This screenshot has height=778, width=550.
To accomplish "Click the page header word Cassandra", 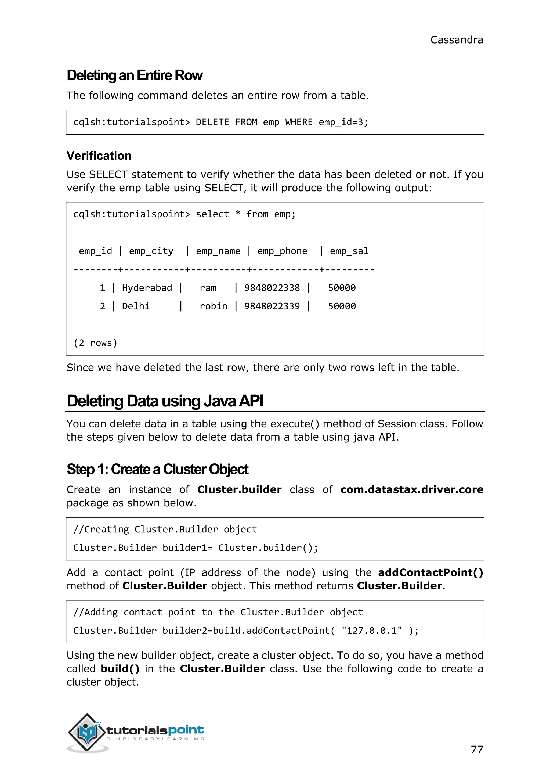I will (x=456, y=40).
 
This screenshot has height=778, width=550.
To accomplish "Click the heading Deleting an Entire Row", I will (x=135, y=75).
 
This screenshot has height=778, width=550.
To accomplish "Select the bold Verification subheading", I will (x=99, y=156).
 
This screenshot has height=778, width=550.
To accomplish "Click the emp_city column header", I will (x=151, y=251).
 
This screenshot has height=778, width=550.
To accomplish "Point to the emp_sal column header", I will (x=349, y=251).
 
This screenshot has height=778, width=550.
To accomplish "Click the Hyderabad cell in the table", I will (x=147, y=288).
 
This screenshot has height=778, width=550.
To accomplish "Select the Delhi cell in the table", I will (x=135, y=306).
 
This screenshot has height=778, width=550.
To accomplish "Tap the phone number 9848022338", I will (x=272, y=288).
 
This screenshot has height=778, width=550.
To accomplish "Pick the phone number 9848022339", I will (x=272, y=306).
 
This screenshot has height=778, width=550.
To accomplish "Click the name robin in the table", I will (x=213, y=306).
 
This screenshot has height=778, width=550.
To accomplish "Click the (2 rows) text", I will (x=95, y=343).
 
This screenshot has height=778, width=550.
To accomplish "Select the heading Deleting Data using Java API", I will (x=165, y=401).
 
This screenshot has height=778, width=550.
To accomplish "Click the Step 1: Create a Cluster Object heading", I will (x=157, y=469).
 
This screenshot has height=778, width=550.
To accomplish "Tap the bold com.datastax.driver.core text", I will (x=411, y=490).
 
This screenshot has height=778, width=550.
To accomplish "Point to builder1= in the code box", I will (x=187, y=548).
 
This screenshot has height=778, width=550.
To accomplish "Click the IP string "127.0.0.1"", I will (x=372, y=631).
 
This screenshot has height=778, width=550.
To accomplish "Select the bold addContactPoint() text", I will (x=430, y=573).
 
